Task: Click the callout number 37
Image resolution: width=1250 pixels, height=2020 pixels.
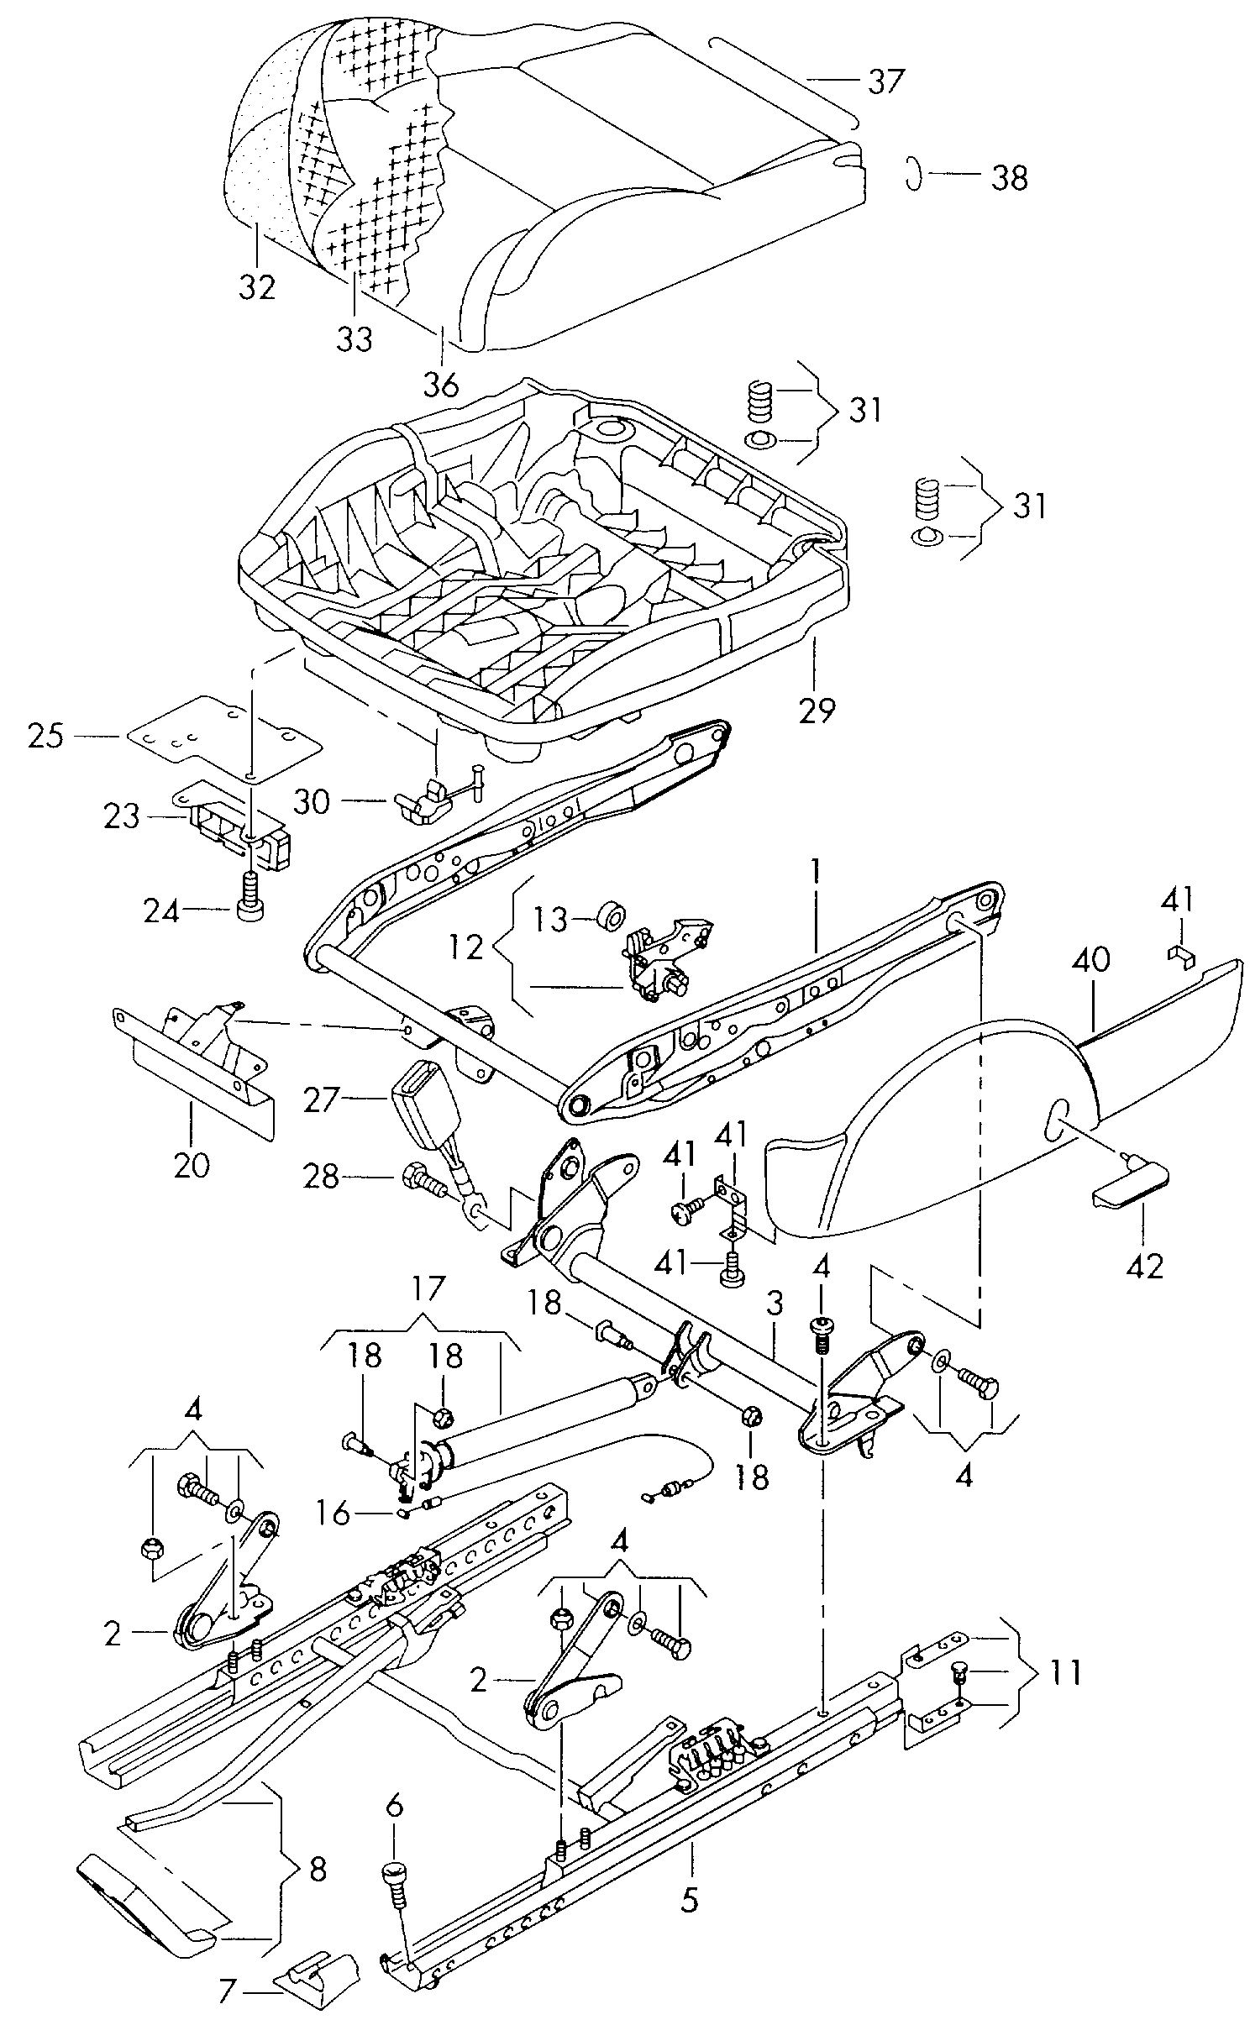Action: (885, 82)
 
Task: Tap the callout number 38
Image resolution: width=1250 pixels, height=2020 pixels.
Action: (1009, 177)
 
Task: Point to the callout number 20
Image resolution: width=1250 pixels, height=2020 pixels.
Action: (192, 1166)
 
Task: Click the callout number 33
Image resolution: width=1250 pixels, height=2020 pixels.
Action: (354, 339)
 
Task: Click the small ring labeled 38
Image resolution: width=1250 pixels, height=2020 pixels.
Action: (914, 174)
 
